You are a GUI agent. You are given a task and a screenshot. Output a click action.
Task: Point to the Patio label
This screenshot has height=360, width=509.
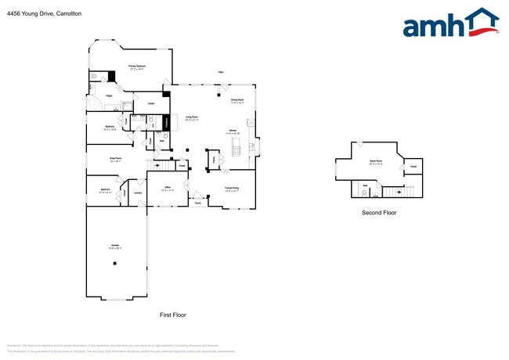tap(220, 72)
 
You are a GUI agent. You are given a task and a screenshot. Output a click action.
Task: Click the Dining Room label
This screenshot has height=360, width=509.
tap(237, 100)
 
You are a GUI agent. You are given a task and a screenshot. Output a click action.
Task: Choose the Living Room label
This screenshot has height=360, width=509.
tap(192, 117)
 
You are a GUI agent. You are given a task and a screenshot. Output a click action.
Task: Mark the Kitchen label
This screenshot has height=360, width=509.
tap(233, 131)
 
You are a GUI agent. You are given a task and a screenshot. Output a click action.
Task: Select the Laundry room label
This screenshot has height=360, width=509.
tap(137, 193)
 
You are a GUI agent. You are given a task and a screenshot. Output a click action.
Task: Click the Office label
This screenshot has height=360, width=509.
tap(167, 188)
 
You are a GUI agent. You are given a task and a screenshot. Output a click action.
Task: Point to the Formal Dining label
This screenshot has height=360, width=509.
tap(231, 188)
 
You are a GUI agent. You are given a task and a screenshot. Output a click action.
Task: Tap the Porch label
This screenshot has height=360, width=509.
tap(198, 203)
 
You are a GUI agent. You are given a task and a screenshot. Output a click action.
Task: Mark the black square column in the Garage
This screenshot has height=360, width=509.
tap(114, 264)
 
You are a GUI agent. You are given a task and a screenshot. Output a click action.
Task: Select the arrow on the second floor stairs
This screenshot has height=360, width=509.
tap(400, 190)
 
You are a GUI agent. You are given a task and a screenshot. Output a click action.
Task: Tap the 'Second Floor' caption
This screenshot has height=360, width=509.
tap(377, 213)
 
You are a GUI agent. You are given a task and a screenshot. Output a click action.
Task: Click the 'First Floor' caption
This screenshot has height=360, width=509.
tap(173, 315)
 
